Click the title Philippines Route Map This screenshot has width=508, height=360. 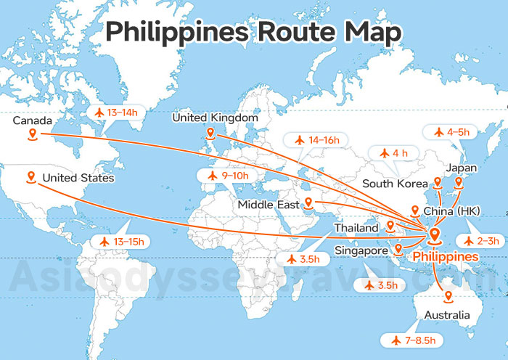coord(253,33)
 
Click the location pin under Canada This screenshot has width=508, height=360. coord(32,134)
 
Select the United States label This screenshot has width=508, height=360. coord(78,178)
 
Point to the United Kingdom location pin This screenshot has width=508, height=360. coord(210,134)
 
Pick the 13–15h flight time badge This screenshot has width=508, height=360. coord(120,241)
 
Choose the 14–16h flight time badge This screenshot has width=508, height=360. coord(319,139)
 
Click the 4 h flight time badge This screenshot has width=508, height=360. coord(393,152)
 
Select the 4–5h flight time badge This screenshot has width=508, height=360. coord(451,132)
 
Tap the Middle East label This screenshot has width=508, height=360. coord(268,205)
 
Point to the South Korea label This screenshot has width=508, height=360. coord(393,184)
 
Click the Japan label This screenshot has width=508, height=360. coord(462,168)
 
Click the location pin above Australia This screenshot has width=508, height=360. coord(448,297)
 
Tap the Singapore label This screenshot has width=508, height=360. coord(361,251)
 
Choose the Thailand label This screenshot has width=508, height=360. coord(356,228)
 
